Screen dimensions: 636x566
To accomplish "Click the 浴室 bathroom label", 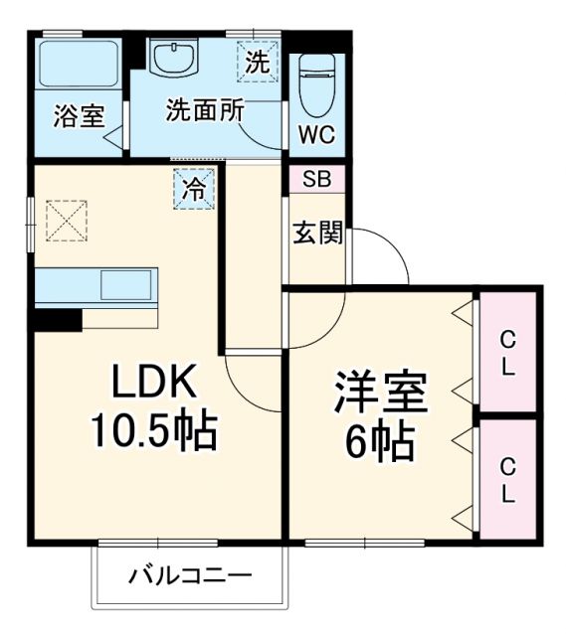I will click(x=79, y=115).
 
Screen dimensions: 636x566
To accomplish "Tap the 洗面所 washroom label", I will click(x=205, y=110).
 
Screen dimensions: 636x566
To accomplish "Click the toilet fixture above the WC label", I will click(x=316, y=82).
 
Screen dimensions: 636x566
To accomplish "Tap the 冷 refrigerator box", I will click(x=195, y=189).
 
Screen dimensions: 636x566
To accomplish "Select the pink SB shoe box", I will click(x=316, y=181).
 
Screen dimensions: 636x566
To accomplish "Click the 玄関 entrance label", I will click(x=317, y=234).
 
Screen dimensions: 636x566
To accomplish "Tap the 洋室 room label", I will click(x=380, y=392).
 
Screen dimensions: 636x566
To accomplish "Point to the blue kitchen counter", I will click(x=95, y=284).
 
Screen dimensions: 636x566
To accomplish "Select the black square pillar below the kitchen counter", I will click(x=57, y=319).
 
